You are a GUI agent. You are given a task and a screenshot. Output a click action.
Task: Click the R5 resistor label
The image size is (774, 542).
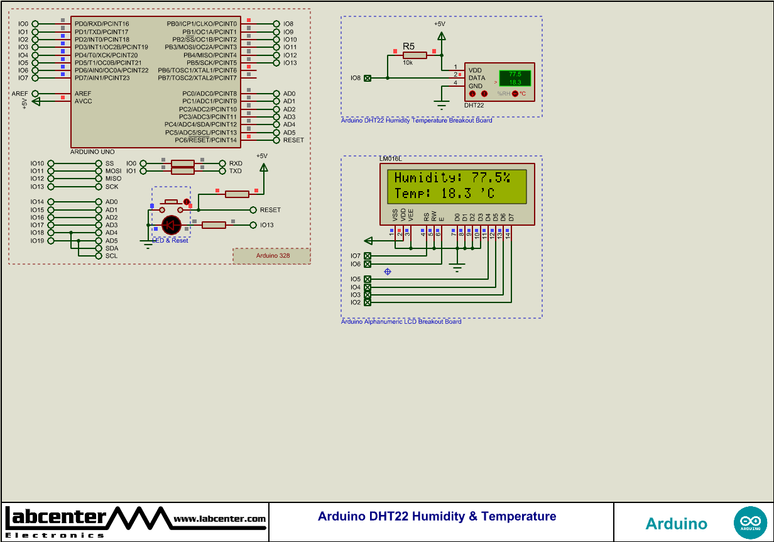408,46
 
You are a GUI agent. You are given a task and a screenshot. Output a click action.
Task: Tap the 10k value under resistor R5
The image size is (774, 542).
408,63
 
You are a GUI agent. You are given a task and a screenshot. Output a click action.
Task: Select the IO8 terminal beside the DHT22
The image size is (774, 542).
368,78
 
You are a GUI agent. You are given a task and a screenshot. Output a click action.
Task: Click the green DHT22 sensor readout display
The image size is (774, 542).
515,78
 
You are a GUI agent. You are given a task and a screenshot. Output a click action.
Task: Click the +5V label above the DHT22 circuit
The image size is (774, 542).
439,24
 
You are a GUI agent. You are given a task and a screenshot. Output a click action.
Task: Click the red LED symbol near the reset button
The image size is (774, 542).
172,224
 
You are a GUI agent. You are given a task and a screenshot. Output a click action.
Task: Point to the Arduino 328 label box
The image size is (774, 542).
272,256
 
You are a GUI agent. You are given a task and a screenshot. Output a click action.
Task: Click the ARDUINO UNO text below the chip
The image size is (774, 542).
93,152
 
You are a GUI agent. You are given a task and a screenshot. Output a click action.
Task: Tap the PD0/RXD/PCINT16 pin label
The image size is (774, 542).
102,24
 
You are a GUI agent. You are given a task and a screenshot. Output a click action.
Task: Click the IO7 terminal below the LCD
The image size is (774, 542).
368,256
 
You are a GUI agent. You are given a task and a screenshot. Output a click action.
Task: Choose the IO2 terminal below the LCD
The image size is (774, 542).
368,302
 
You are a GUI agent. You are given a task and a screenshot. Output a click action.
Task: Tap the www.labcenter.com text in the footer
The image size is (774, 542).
219,519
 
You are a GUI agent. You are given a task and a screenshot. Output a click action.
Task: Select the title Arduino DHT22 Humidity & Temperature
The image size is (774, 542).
437,516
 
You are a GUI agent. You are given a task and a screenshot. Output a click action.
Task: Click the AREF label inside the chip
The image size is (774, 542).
83,93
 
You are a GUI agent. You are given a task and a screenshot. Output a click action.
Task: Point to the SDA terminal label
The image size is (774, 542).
111,248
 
